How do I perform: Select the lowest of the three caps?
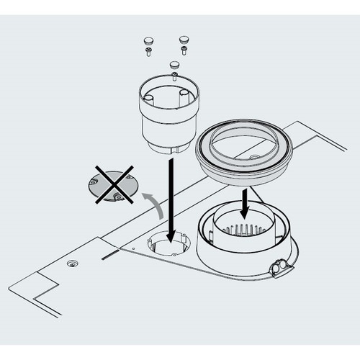(174, 63)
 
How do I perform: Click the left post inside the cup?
(150, 97)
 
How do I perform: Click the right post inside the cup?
(184, 94)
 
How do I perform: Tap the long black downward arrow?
(170, 202)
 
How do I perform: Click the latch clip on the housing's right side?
(281, 268)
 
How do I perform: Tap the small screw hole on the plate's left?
(71, 264)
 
